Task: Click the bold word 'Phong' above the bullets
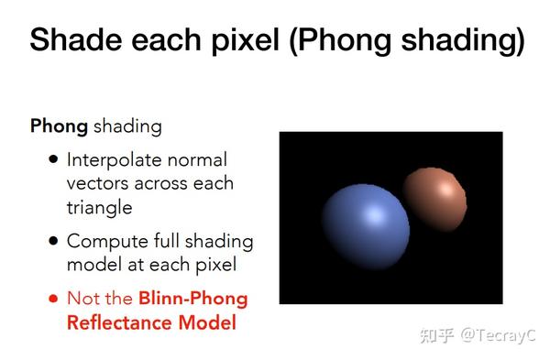58,125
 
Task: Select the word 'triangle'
99,207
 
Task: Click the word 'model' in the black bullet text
92,266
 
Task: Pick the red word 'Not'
84,299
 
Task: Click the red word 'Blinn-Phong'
192,299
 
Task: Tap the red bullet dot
54,299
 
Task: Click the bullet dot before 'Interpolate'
54,159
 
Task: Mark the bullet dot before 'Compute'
54,242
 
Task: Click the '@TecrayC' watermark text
499,335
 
